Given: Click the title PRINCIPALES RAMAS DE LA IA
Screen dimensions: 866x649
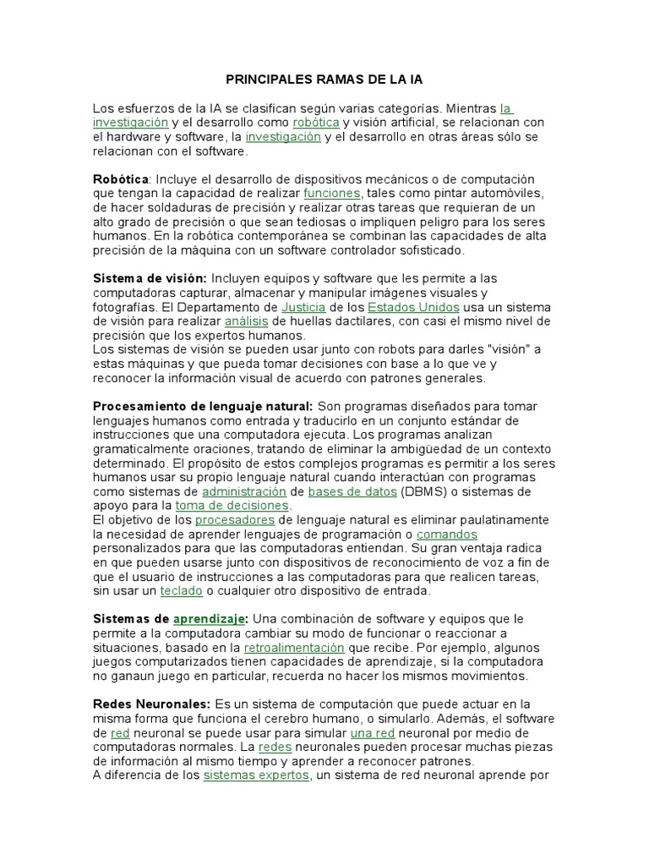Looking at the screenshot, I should pos(324,79).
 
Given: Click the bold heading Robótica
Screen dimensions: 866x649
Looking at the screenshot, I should pos(120,179).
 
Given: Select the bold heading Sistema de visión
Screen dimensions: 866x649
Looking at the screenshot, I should pos(149,278).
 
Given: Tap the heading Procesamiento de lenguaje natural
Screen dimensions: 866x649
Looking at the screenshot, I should pos(203,407).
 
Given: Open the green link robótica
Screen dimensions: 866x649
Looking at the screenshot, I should pos(316,123).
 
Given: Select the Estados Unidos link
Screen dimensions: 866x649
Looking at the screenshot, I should pos(403,307).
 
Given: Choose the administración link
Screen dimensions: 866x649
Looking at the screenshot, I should pos(243,491).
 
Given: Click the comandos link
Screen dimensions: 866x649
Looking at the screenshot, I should pos(447,534).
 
